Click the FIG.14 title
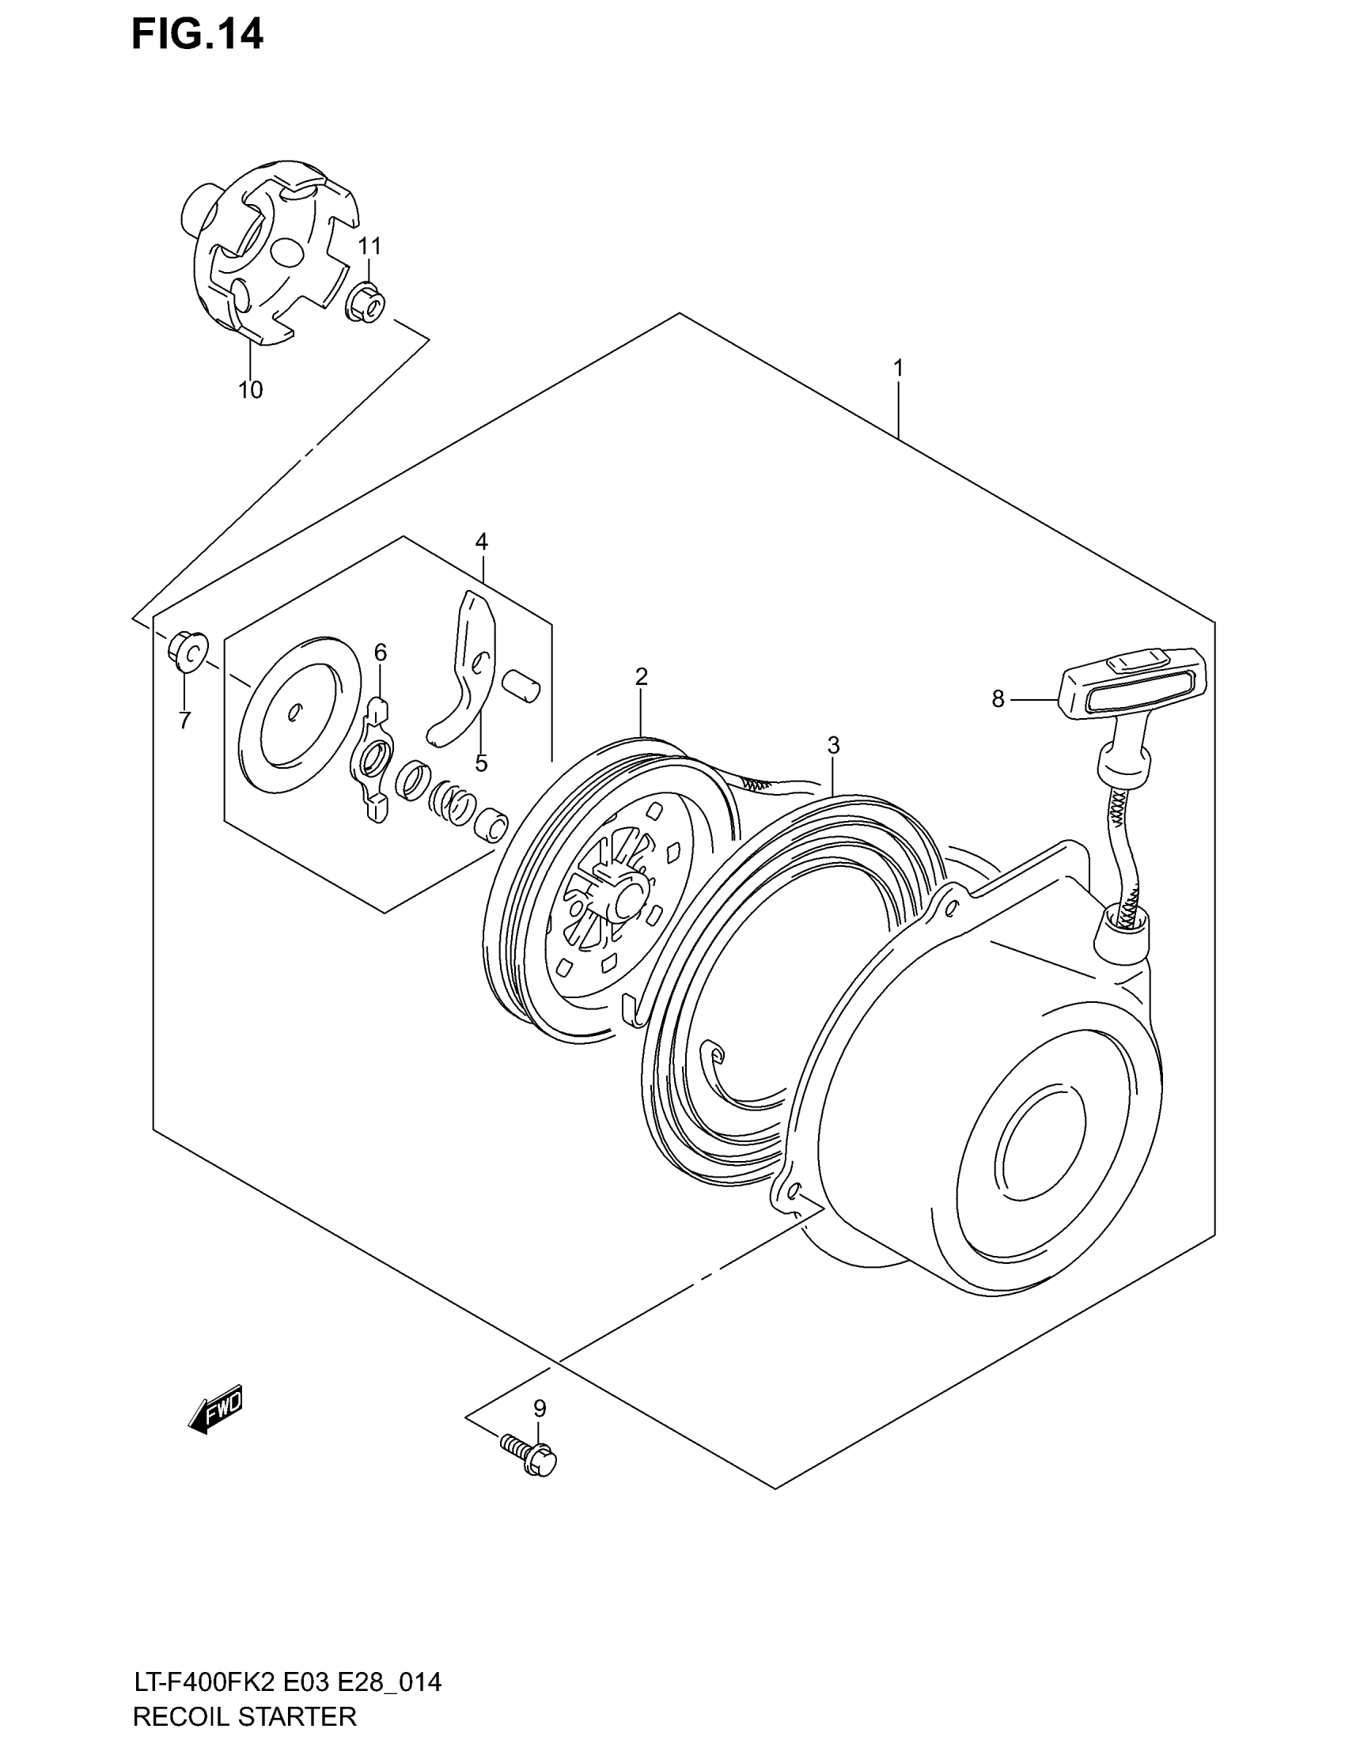pos(197,35)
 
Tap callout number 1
pos(898,368)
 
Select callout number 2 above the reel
pos(642,676)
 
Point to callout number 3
pos(833,746)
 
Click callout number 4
pos(481,542)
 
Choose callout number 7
pos(184,721)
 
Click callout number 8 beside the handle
pos(998,698)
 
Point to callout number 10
pos(250,390)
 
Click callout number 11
pos(369,246)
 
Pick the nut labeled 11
pos(366,304)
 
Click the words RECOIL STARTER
pos(244,1715)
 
